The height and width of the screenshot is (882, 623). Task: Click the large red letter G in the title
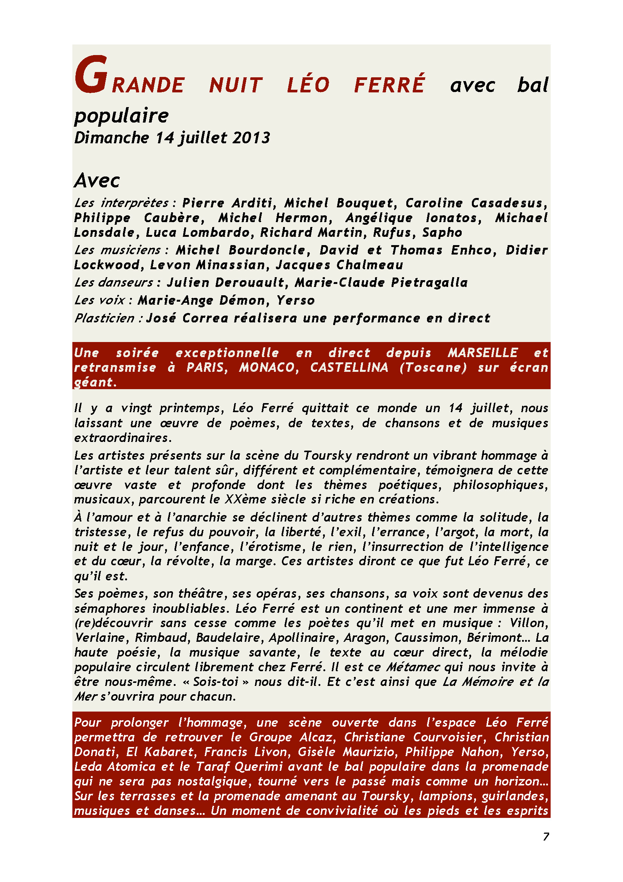pyautogui.click(x=90, y=75)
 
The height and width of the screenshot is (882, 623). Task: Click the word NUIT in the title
pyautogui.click(x=236, y=85)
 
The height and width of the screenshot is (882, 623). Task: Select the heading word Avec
pyautogui.click(x=97, y=180)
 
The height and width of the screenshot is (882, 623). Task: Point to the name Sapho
pyautogui.click(x=442, y=232)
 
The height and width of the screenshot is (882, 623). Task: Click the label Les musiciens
pyautogui.click(x=118, y=250)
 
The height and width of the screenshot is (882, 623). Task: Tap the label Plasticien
pyautogui.click(x=104, y=318)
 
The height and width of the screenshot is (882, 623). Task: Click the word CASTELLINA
pyautogui.click(x=349, y=368)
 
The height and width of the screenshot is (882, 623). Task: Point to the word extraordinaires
pyautogui.click(x=121, y=437)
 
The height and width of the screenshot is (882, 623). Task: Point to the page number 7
pyautogui.click(x=546, y=836)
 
